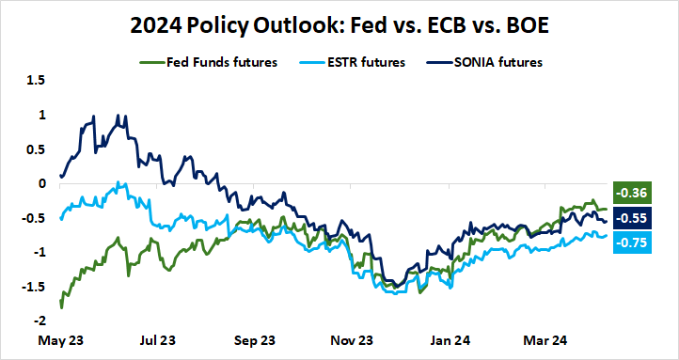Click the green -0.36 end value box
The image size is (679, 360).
[x=628, y=193]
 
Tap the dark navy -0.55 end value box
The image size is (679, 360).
[x=628, y=218]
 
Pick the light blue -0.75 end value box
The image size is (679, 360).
[x=628, y=243]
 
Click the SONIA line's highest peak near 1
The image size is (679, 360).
[x=118, y=115]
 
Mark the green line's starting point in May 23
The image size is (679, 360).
[x=61, y=306]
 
